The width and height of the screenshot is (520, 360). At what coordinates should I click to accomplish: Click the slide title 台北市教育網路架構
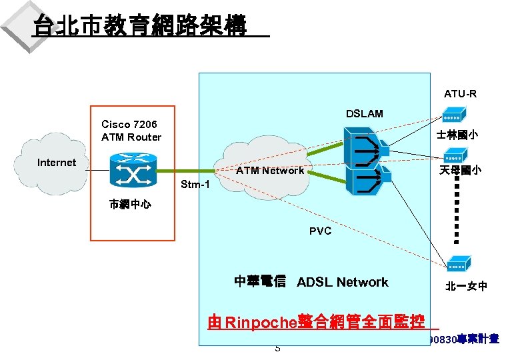140,26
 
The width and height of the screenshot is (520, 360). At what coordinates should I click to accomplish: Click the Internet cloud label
57,163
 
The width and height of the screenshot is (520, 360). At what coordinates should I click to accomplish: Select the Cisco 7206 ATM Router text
131,131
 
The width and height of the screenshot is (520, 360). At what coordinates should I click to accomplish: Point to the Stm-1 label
195,184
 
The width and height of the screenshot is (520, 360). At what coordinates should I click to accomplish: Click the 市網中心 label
129,205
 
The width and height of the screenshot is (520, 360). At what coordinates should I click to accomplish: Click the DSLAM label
364,114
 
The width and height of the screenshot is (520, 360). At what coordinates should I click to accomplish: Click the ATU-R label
460,94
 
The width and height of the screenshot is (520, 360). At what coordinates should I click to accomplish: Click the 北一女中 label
466,287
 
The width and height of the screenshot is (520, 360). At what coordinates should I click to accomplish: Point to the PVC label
320,231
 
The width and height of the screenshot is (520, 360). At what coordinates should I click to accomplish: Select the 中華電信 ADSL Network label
311,282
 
